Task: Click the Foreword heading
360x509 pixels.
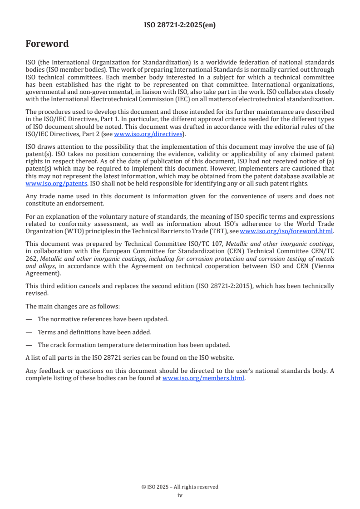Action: [x=47, y=44]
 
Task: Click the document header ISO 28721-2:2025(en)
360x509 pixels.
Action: [x=180, y=25]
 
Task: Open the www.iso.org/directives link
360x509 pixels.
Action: [x=148, y=134]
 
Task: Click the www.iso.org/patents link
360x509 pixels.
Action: [x=44, y=183]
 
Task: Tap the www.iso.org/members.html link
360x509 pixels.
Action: [x=203, y=378]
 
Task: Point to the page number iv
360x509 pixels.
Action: [x=180, y=495]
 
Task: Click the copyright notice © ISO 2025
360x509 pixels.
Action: [x=180, y=487]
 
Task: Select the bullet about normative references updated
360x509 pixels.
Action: [x=103, y=319]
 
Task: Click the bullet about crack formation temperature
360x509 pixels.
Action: [x=134, y=344]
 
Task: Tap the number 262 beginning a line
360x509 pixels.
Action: [x=31, y=259]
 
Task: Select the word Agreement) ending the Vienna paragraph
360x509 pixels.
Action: [x=43, y=274]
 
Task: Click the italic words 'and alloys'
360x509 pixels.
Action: [x=42, y=266]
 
